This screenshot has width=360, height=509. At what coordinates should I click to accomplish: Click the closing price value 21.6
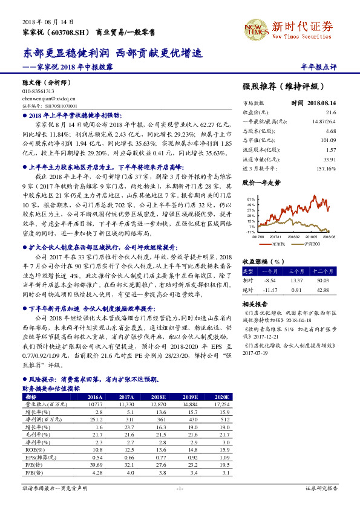330,112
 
